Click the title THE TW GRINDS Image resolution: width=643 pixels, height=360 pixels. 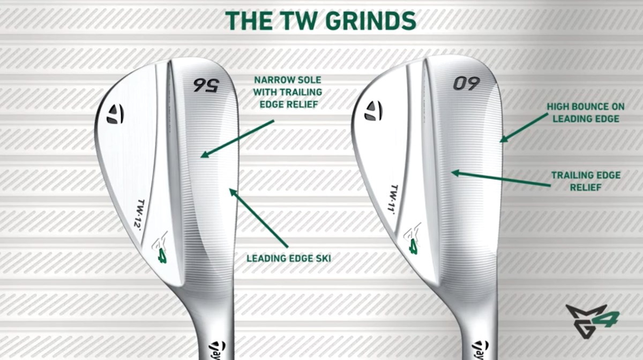coord(320,21)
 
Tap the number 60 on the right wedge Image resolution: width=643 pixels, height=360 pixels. coord(467,84)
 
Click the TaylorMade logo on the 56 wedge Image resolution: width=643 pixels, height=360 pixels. coord(115,113)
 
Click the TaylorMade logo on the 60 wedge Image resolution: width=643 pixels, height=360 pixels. coord(373,110)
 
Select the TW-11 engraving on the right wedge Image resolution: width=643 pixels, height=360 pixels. coord(395,198)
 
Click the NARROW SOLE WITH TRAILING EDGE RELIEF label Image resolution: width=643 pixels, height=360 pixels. coord(287,92)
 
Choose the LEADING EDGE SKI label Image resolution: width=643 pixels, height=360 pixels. coord(288,258)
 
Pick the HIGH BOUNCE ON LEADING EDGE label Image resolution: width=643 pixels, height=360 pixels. coord(583,113)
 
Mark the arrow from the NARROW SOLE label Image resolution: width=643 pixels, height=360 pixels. coord(237,138)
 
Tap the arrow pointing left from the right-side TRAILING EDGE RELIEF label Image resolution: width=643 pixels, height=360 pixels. coord(500,179)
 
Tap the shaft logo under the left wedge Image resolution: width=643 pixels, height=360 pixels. coord(219,349)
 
